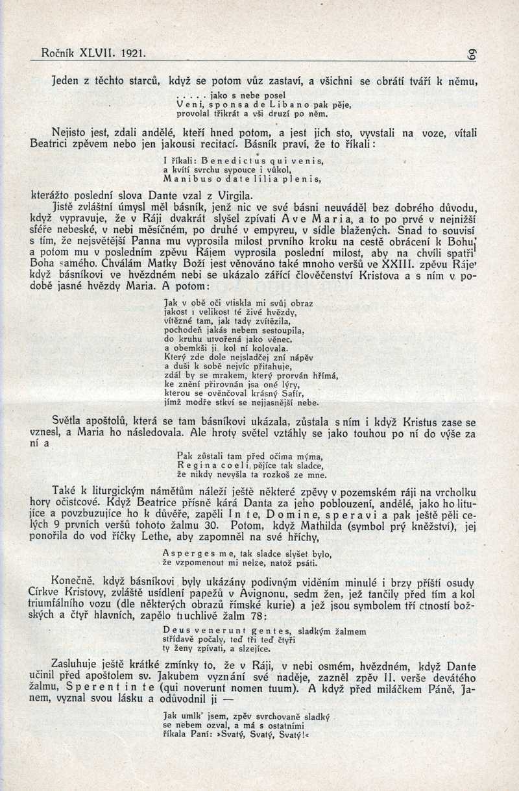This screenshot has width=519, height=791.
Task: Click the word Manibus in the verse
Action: (x=184, y=178)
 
